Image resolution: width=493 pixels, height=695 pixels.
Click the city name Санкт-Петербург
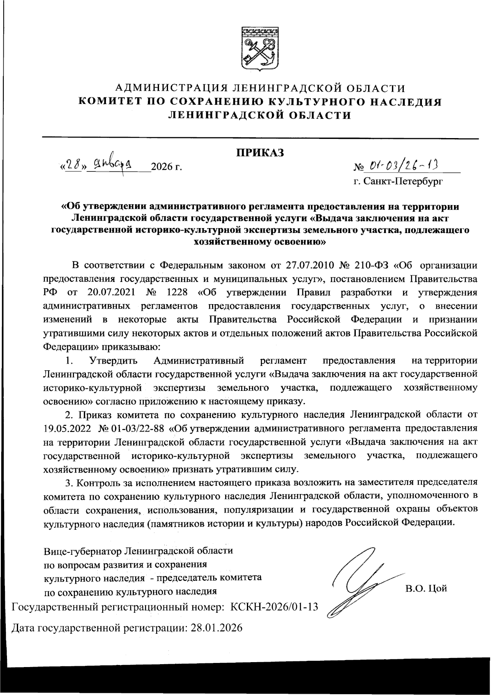(x=398, y=181)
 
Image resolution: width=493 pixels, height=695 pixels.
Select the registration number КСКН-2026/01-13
(x=274, y=606)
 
